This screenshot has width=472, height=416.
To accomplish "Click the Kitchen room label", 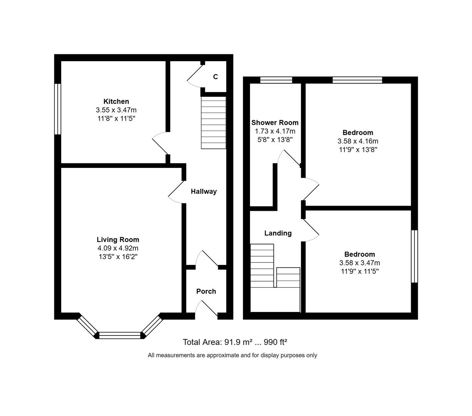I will point(116,101).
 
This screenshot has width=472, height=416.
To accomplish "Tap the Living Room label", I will point(118,240).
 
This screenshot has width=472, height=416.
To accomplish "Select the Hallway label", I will point(203,191).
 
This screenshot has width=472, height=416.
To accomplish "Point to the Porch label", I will point(206,291).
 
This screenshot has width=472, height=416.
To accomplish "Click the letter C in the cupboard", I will point(215,77).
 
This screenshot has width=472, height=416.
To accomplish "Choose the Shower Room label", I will point(275,122).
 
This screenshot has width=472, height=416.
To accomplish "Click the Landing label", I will point(278,233).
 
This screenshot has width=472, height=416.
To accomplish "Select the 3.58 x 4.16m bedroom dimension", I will point(358,141).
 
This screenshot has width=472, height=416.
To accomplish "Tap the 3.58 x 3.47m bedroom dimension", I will point(359,263).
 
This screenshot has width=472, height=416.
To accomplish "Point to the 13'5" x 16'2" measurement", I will point(118,257).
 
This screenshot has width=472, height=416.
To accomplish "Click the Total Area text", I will point(235,342).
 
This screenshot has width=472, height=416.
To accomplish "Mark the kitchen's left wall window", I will point(57,109).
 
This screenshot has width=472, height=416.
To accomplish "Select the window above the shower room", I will point(276,80).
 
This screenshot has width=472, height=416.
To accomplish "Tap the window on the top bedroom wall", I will point(357,80).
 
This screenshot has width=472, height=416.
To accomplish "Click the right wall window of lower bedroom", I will point(414,257).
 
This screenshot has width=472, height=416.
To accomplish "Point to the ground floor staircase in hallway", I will point(213,122).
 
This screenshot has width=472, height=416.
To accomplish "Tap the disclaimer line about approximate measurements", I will point(232,355).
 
